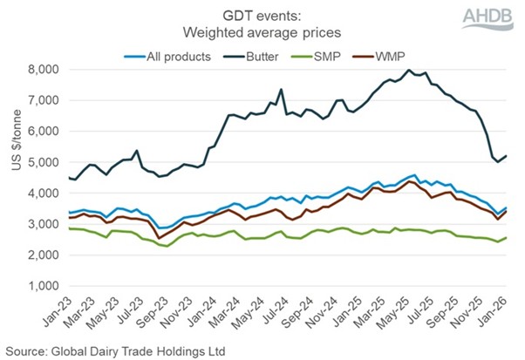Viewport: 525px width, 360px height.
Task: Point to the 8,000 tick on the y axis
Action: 40,70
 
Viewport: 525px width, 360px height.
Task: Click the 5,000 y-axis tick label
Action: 40,162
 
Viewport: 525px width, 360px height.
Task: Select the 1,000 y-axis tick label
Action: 40,286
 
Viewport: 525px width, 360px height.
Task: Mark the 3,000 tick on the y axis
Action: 40,224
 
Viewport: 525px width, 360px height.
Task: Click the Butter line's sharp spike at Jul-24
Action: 281,89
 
